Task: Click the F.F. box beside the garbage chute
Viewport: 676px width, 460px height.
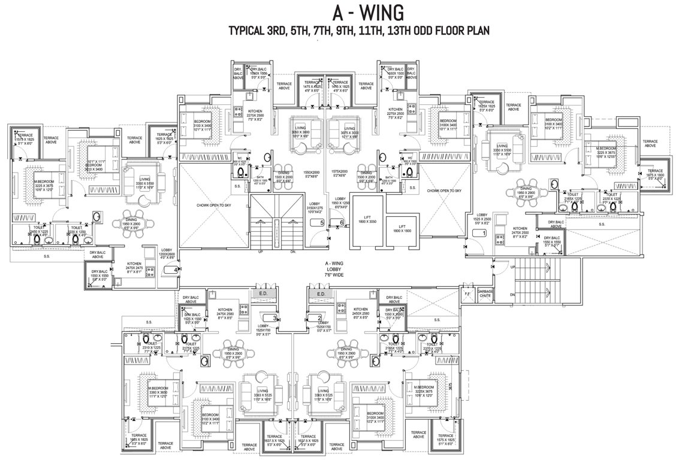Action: click(x=467, y=293)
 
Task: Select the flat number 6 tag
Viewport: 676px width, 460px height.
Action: click(x=341, y=223)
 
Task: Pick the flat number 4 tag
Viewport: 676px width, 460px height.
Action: click(x=175, y=270)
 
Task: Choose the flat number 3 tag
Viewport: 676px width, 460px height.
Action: click(x=274, y=318)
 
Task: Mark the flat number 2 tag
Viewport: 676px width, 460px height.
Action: click(x=319, y=318)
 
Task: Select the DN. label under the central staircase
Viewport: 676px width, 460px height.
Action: click(x=292, y=251)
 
